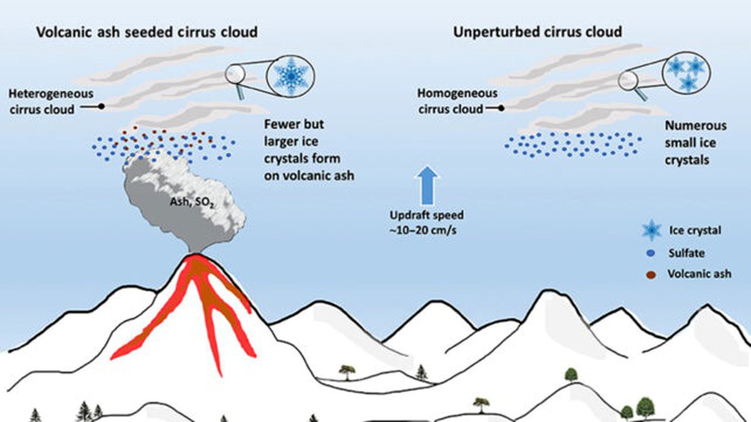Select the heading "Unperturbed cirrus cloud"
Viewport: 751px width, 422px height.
pyautogui.click(x=537, y=31)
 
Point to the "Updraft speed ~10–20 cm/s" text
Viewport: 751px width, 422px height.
pyautogui.click(x=428, y=221)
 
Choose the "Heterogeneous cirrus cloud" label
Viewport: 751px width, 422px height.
pyautogui.click(x=51, y=101)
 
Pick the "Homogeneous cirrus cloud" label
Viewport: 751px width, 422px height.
pyautogui.click(x=456, y=101)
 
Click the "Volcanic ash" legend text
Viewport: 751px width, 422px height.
pyautogui.click(x=700, y=274)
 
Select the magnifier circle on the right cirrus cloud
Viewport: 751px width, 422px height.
pyautogui.click(x=628, y=80)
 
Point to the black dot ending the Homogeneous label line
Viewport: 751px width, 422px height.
pyautogui.click(x=503, y=108)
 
